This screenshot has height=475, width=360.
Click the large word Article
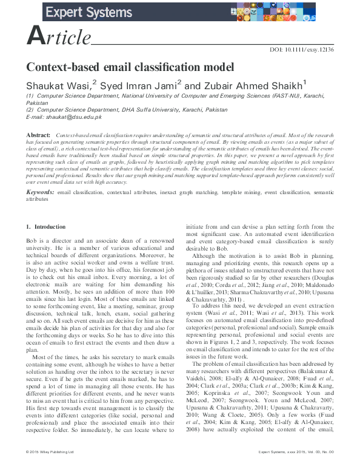point(59,38)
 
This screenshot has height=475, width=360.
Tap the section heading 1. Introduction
point(45,227)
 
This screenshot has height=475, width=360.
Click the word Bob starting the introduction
point(32,241)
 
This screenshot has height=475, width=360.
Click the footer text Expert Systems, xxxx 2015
point(285,469)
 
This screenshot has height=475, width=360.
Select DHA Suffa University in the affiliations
point(146,109)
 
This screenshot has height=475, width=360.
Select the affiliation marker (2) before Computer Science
point(30,109)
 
